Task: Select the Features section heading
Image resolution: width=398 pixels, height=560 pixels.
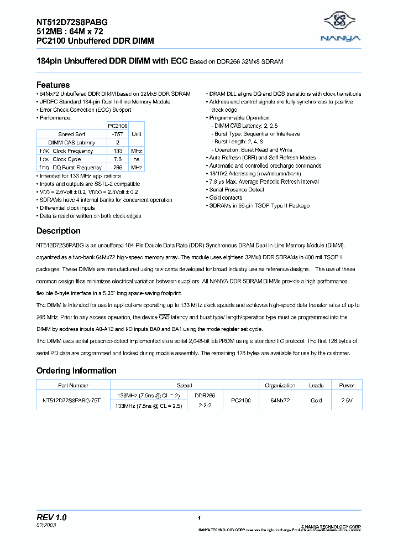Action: (53, 85)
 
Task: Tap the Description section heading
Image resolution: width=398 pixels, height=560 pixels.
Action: (58, 231)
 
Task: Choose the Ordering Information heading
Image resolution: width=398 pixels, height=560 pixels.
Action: (76, 370)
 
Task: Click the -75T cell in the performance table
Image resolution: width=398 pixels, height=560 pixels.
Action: (117, 134)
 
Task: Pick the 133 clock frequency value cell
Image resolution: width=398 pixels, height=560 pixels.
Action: (117, 151)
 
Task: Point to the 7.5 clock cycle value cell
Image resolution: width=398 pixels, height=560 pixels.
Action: (117, 159)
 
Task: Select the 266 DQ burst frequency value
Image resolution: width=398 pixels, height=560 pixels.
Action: (117, 167)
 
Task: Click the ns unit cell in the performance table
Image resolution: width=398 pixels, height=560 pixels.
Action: (137, 159)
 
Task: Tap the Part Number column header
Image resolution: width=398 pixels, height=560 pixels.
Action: (72, 385)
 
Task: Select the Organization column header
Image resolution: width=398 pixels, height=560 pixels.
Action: (280, 385)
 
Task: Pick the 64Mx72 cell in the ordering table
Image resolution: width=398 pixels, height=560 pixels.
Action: (280, 400)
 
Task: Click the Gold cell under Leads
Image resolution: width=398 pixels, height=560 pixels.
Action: (316, 400)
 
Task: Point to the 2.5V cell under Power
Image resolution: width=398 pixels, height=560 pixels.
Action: (346, 400)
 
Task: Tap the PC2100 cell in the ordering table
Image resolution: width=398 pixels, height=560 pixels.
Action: (241, 400)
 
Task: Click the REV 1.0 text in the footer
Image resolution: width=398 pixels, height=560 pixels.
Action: (51, 517)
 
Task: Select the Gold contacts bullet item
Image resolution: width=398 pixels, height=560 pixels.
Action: (226, 198)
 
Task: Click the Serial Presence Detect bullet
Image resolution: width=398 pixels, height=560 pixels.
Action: (237, 189)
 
